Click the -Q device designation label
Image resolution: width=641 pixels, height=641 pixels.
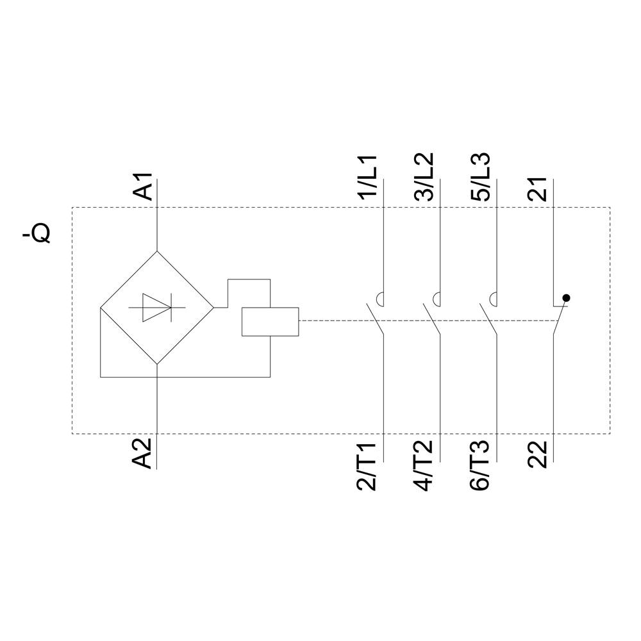coord(37,235)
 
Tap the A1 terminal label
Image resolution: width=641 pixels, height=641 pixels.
coord(146,187)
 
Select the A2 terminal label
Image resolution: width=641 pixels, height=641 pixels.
coord(146,453)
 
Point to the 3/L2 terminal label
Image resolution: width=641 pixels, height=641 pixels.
coord(425,178)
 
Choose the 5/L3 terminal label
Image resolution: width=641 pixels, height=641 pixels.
coord(480,178)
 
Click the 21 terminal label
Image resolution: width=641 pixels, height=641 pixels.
coord(537,189)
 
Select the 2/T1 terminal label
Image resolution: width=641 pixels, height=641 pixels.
coord(369,466)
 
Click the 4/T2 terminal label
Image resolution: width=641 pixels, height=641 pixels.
coord(425,466)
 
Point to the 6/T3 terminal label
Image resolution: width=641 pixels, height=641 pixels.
coord(480,466)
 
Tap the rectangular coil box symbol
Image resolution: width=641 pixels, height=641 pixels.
coord(270,322)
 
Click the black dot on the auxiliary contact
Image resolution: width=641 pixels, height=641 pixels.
coord(565,298)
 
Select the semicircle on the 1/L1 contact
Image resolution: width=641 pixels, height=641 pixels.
coord(379,298)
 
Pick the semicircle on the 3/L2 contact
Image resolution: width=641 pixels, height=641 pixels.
coord(437,298)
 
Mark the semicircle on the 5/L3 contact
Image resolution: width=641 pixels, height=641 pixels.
coord(493,298)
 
